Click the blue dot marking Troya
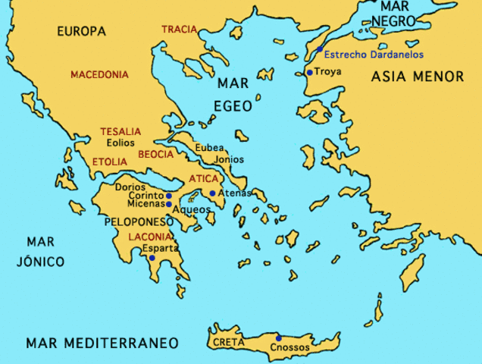coord(309,73)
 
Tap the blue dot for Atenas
coord(212,193)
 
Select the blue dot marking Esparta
coord(152,258)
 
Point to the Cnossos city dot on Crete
coord(279,338)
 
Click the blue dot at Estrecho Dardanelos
coord(320,49)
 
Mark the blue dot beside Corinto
coord(168,196)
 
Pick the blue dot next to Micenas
coord(168,204)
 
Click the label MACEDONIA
coord(99,75)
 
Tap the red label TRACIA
coord(180,30)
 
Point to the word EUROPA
coord(81,32)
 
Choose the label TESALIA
coord(121,131)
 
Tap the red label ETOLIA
coord(110,162)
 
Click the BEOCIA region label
coord(157,154)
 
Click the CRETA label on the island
coord(227,342)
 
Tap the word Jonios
coord(230,160)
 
